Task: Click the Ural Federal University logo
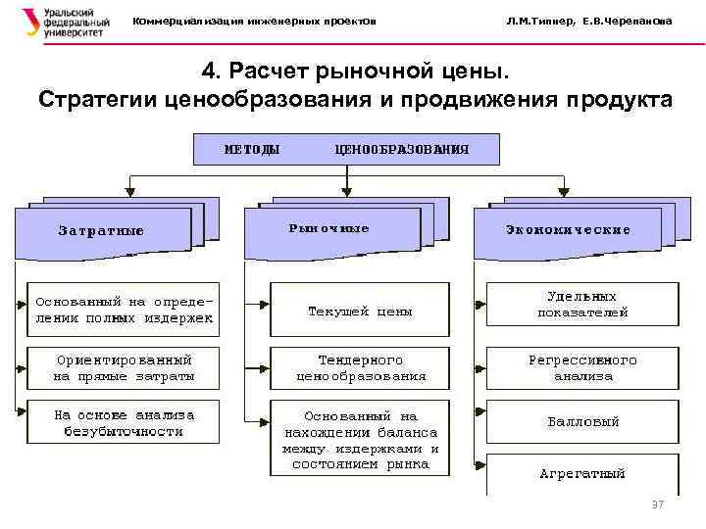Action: tap(59, 22)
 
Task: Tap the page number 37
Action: tap(658, 505)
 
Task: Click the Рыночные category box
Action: tap(329, 229)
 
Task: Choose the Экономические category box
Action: tap(568, 230)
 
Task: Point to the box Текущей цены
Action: tap(360, 311)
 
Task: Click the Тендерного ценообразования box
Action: tap(360, 367)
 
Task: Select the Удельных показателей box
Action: tap(582, 304)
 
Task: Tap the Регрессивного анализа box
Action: tap(582, 367)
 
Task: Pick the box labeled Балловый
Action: tap(582, 422)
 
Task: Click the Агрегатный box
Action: tap(582, 473)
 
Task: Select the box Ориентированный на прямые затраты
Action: tap(124, 367)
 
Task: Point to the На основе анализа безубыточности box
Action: tap(124, 422)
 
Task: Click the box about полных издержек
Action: tap(124, 310)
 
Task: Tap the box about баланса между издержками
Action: tap(360, 440)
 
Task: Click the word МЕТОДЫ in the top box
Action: tap(252, 150)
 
